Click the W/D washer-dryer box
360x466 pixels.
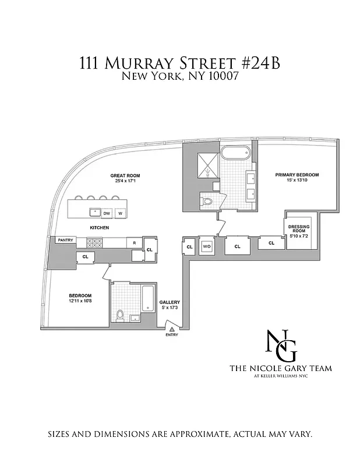(206, 246)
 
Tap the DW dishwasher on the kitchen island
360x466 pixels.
(107, 213)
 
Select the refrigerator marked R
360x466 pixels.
(135, 242)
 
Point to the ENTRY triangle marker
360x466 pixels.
(171, 329)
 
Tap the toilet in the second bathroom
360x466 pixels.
(121, 315)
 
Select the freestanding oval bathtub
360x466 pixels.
(235, 154)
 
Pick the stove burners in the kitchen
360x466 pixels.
(94, 243)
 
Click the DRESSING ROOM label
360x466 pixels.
(297, 228)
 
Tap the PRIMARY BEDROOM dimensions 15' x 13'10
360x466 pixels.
(297, 181)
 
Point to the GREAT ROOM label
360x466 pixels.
(125, 175)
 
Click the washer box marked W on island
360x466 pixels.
(121, 213)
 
